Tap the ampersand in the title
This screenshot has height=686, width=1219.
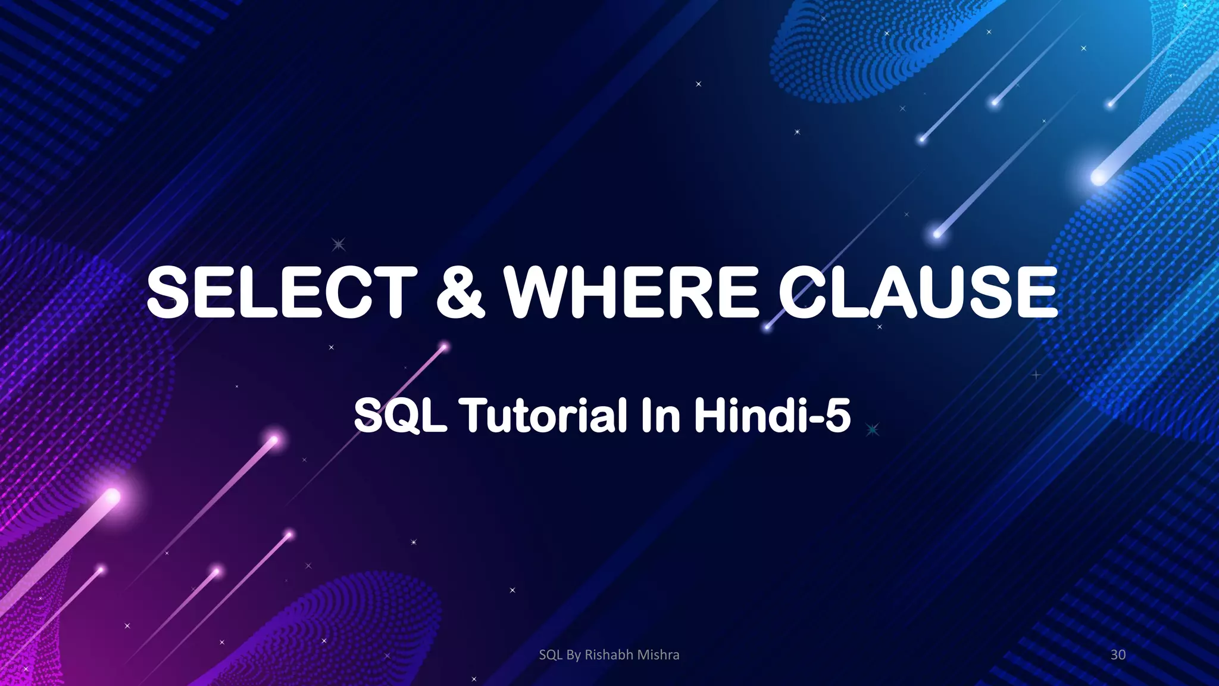coord(460,292)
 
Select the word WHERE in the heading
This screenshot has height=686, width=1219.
coord(632,292)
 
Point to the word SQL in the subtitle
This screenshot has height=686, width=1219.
coord(400,415)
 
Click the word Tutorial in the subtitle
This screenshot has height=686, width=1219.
coord(546,415)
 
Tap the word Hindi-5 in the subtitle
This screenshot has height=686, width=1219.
coord(772,415)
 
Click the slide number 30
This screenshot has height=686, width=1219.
coord(1118,655)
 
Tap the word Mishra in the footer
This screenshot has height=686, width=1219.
coord(658,655)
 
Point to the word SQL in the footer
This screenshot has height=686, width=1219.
coord(551,655)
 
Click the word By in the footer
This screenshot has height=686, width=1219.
coord(573,655)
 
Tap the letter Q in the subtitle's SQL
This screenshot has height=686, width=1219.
coord(402,416)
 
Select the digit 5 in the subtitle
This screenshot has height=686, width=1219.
coord(838,415)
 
